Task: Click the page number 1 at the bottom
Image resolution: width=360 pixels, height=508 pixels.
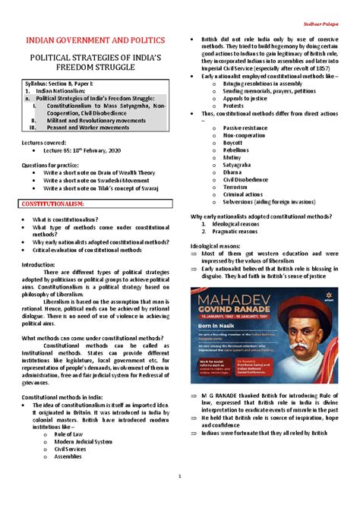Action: point(180,476)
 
